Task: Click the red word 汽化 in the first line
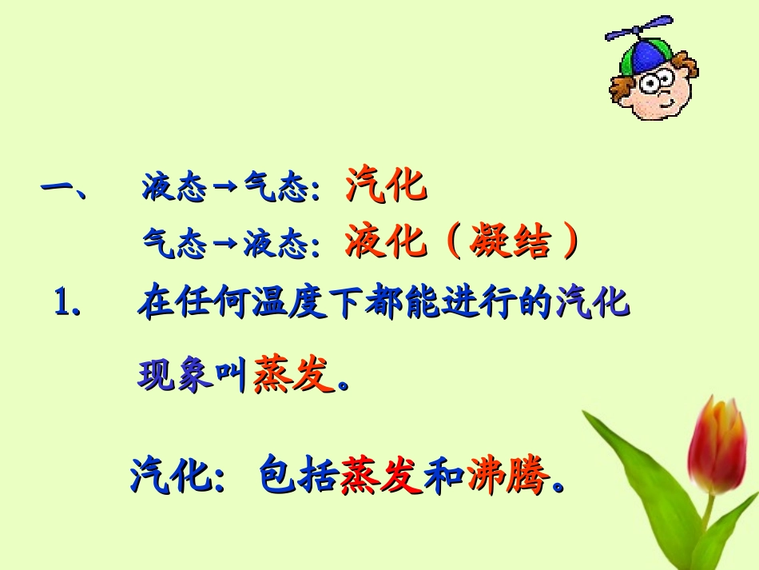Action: point(386,187)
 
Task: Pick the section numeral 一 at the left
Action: point(58,189)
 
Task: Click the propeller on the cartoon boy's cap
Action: point(638,32)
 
